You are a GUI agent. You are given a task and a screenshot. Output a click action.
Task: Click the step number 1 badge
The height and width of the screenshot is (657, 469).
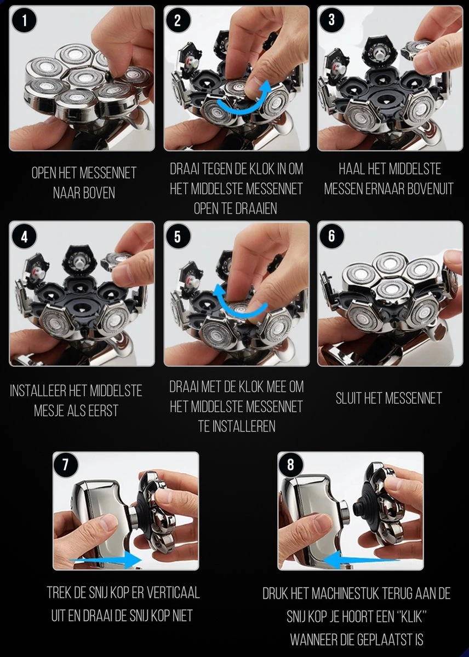pos(24,21)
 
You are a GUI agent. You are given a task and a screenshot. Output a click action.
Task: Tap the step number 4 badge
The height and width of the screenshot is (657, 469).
pos(24,237)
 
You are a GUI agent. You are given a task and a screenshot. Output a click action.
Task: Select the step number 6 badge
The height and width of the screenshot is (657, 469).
pos(331,236)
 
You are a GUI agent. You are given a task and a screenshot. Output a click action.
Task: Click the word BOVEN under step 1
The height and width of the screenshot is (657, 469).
pos(99,193)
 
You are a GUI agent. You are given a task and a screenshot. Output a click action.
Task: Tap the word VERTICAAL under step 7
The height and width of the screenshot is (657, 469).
pos(173,592)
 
